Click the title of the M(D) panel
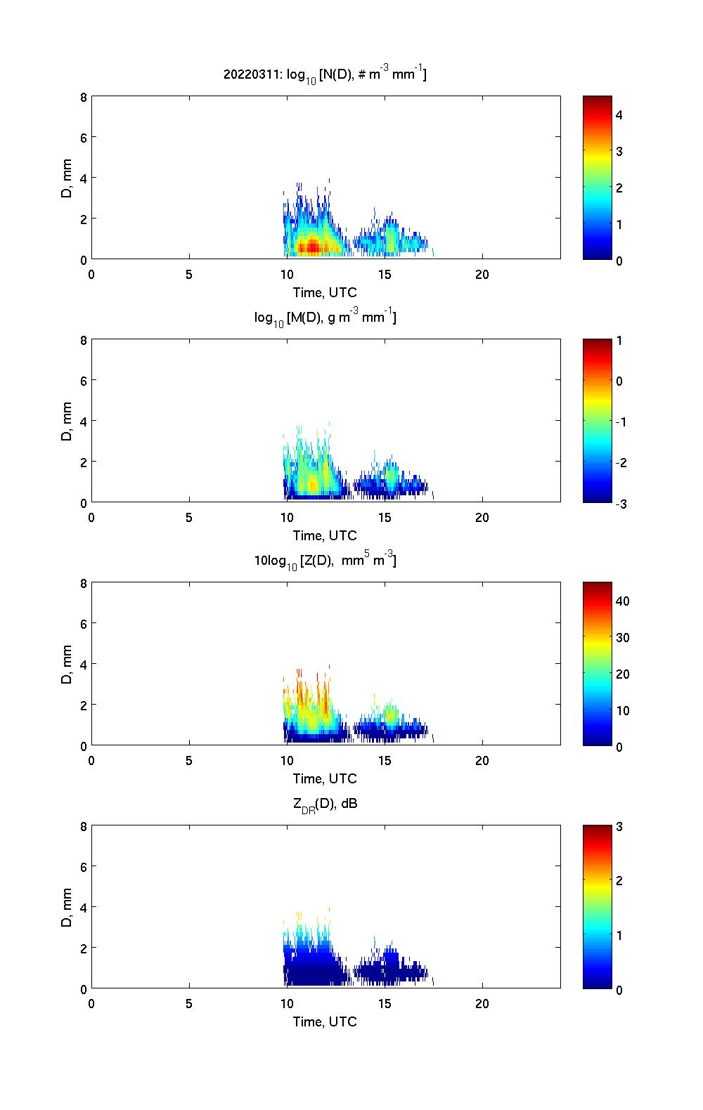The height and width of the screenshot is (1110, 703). pos(325,318)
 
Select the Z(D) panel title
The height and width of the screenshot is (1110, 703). pos(325,561)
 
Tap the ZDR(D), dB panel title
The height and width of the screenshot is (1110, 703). pos(325,804)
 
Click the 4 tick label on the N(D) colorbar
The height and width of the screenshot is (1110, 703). pos(619,115)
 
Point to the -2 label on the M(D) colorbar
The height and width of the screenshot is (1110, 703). pos(621,462)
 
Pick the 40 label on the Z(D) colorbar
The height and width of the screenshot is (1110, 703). pos(622,601)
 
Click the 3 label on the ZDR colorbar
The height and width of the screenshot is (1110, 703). pos(619,826)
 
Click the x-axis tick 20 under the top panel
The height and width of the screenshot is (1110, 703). pos(482,275)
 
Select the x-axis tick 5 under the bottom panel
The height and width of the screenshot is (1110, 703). pos(189,1004)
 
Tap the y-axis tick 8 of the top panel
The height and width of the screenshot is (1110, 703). pos(84,97)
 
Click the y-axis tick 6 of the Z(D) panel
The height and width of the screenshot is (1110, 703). pos(84,623)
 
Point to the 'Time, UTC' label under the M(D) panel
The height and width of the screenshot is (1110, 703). pos(325,535)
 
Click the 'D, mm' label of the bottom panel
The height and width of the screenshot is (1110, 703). pos(67,907)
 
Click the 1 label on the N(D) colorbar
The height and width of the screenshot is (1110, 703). pos(619,224)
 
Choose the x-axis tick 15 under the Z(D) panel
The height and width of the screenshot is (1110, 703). pos(385,761)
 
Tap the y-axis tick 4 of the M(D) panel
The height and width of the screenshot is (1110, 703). pos(84,421)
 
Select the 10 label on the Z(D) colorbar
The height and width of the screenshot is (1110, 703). pos(622,710)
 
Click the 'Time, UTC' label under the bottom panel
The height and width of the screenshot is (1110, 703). pos(325,1021)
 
